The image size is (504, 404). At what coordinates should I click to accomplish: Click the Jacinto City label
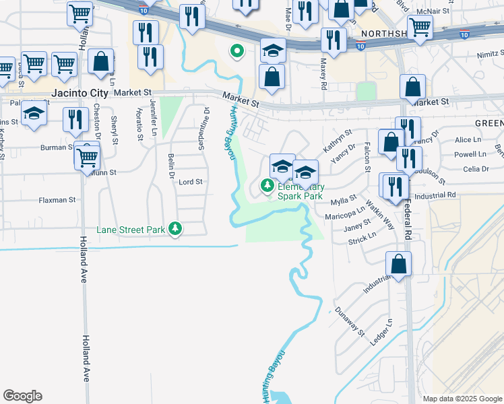26,92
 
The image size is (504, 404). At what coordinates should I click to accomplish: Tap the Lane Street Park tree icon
175,230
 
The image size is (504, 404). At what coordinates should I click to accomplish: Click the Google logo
22,396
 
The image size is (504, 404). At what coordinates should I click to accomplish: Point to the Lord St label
191,182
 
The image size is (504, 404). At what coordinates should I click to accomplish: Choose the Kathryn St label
338,141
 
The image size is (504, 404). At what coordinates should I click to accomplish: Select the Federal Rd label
408,222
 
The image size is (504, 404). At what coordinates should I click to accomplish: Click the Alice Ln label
465,139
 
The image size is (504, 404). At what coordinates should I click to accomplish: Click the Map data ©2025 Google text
462,399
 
